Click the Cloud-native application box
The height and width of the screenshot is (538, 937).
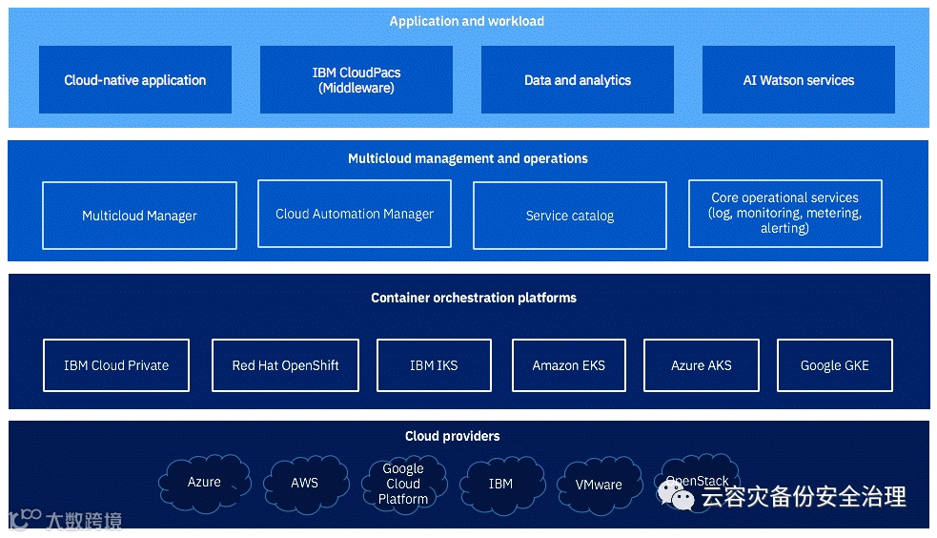[135, 79]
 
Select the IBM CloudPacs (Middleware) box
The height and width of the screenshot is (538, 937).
[356, 79]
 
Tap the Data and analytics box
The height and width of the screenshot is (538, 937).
[578, 79]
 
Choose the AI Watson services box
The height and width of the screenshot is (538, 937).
[799, 79]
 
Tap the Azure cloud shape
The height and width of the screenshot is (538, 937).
[204, 483]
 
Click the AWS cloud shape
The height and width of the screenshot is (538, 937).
[305, 484]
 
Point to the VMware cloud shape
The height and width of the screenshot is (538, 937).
[599, 485]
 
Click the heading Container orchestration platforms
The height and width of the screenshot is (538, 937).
[474, 298]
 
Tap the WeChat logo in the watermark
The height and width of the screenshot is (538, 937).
[676, 496]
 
